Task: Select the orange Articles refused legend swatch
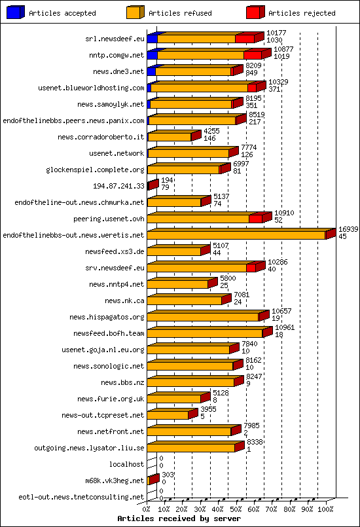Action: click(135, 12)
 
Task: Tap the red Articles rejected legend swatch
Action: click(255, 12)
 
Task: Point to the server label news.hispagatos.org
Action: click(109, 317)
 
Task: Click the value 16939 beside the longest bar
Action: click(348, 229)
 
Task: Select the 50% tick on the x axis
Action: click(236, 508)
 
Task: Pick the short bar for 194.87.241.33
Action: click(153, 186)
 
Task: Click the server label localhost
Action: click(126, 464)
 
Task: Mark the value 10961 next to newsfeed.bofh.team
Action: click(285, 327)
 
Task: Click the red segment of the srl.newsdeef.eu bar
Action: click(245, 39)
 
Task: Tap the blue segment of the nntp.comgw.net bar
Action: click(152, 55)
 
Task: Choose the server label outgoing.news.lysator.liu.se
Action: click(88, 448)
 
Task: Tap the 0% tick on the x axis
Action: click(147, 508)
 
